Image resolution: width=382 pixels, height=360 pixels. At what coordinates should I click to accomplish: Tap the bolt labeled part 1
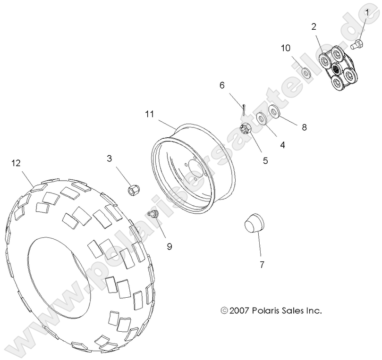click(357, 45)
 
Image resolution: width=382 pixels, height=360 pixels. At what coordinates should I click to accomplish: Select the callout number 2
click(314, 26)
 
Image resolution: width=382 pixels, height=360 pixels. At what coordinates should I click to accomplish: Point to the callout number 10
click(286, 48)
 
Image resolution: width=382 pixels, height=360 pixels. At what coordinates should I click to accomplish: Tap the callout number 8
click(304, 127)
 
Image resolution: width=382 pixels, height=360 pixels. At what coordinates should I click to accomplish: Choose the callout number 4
click(282, 145)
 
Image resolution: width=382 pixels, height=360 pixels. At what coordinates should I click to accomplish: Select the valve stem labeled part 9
click(153, 215)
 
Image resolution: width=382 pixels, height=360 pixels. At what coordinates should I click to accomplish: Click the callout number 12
click(16, 163)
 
